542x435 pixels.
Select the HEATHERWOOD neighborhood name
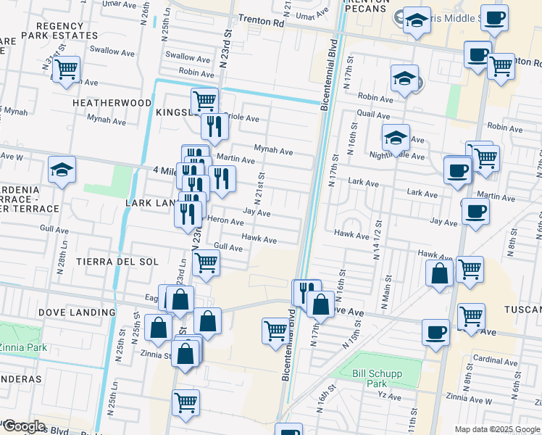[112, 104]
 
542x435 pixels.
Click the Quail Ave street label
[374, 114]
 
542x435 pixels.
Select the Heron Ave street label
[225, 222]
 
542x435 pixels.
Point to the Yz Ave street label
[390, 397]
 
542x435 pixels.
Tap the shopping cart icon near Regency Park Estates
[65, 70]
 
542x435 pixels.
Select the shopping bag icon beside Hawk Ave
[439, 273]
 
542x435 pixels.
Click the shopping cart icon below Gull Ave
[207, 262]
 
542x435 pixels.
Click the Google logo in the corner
[24, 426]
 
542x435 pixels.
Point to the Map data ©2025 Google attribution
[496, 429]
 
